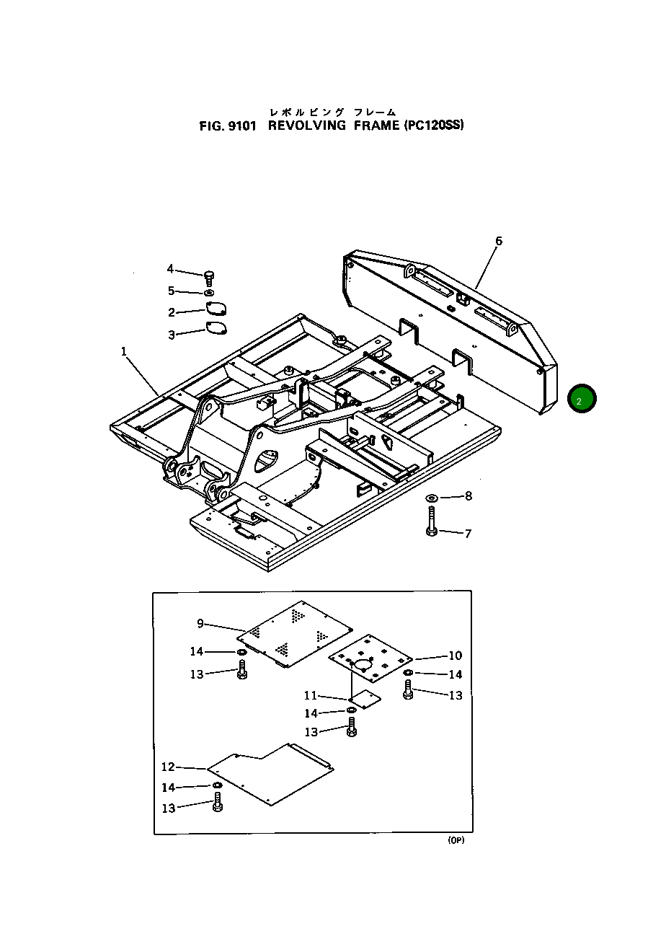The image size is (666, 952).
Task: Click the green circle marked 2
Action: point(582,399)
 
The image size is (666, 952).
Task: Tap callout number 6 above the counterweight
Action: point(499,241)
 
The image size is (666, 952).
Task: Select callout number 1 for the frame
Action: point(124,351)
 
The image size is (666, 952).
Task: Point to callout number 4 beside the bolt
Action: point(170,269)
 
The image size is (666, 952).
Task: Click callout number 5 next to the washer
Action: point(171,291)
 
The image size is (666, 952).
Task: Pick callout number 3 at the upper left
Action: point(172,335)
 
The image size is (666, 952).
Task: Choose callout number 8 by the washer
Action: point(469,495)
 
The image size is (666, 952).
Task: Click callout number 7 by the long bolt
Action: point(468,534)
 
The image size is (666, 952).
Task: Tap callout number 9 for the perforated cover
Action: point(200,624)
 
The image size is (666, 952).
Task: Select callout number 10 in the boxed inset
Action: point(455,656)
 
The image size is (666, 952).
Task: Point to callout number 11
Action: point(310,696)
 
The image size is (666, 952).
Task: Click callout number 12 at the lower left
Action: point(168,767)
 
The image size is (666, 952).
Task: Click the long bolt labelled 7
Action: point(431,521)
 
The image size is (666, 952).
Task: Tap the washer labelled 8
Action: point(432,498)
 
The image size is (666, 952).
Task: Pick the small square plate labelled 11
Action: point(364,697)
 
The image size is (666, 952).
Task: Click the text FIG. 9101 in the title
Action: point(228,125)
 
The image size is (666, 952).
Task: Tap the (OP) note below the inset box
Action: point(456,841)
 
